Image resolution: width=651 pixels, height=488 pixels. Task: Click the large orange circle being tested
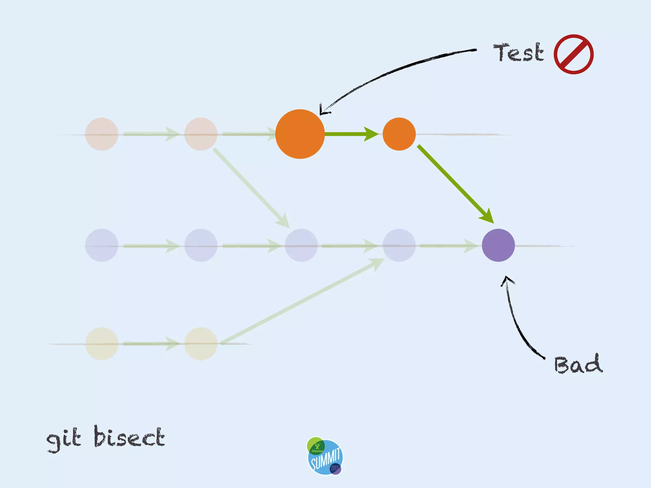300,134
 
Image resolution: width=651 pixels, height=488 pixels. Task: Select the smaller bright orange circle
399,134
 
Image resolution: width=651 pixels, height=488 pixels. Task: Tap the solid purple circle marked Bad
498,245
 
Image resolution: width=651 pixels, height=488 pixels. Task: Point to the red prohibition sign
573,54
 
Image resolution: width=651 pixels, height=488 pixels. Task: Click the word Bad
578,364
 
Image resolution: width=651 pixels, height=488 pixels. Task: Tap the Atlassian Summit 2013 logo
325,456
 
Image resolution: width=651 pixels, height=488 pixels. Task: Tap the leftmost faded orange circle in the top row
102,134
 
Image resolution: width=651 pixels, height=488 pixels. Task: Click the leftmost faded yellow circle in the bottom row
102,344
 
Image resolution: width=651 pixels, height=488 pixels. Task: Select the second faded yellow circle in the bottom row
201,344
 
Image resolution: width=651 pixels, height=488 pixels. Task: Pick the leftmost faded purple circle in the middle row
102,245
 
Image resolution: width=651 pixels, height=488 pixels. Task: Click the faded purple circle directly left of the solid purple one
399,245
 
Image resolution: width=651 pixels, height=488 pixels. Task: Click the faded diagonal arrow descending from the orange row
251,187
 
